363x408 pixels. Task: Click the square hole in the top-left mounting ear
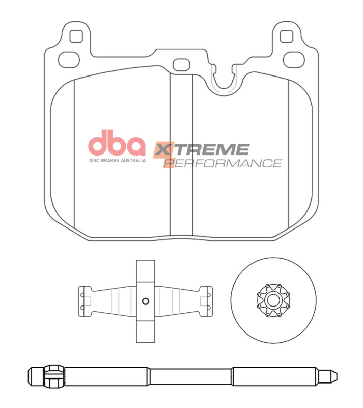75,36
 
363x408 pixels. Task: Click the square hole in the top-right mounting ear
287,36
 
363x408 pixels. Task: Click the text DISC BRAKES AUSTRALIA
117,160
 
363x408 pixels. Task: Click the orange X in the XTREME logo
162,151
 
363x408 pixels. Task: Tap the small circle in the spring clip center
145,300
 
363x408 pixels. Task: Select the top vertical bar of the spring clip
145,270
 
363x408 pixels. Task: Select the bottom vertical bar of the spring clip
145,332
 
